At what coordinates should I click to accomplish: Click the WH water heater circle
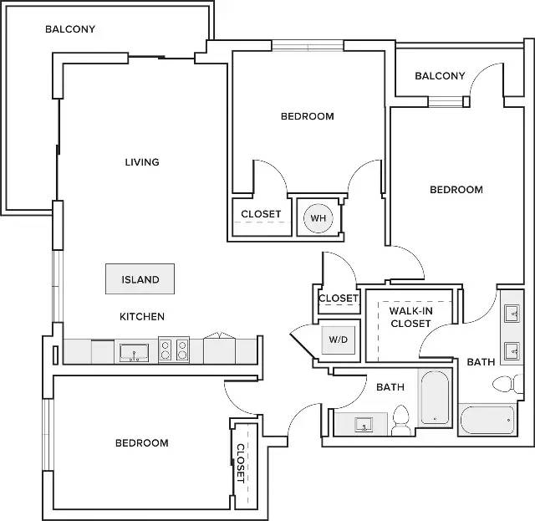coord(318,218)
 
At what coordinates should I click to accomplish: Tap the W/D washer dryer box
coord(338,340)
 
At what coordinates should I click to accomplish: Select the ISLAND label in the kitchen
coord(140,279)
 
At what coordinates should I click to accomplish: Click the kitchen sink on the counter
coord(134,352)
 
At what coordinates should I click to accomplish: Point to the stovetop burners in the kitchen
coord(174,350)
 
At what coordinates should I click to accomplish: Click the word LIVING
coord(142,162)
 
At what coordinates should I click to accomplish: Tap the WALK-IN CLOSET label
coord(410,317)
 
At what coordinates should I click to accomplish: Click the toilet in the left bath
coord(400,421)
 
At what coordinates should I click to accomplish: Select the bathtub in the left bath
coord(435,397)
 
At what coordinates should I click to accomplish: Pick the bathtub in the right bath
coord(487,420)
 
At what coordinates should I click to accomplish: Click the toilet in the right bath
coord(507,384)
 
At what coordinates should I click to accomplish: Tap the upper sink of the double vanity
coord(512,314)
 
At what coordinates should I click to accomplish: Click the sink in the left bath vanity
coord(363,425)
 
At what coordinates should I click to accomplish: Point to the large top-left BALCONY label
coord(70,29)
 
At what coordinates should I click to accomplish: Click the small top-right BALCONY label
coord(440,76)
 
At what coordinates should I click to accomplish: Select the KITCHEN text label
coord(142,316)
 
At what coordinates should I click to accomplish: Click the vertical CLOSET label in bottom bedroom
coord(241,463)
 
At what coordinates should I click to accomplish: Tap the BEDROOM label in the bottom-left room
coord(142,443)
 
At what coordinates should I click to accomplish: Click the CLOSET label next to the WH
coord(261,214)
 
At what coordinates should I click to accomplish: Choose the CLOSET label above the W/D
coord(338,298)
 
